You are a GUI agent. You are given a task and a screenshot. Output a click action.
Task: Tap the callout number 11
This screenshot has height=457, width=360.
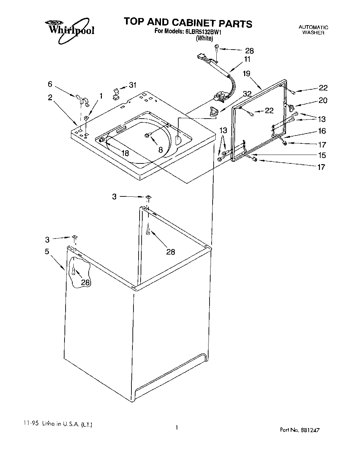[247, 59]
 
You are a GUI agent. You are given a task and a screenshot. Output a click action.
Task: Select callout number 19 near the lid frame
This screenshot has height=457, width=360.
[247, 73]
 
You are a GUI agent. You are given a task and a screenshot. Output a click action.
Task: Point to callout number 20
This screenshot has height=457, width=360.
[323, 100]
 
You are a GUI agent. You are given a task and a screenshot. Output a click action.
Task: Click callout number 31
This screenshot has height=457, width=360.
[132, 85]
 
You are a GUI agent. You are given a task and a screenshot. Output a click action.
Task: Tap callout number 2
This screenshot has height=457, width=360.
[50, 98]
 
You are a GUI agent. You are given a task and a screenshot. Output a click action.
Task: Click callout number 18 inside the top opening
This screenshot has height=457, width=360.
[125, 153]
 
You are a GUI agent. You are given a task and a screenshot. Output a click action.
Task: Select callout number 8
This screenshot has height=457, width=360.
[161, 150]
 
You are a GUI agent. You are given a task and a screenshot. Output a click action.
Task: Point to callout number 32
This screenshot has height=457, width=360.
[247, 94]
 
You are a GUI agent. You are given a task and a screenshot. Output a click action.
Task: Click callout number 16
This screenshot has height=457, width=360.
[322, 131]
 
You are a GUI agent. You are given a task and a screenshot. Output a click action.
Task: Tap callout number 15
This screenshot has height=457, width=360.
[322, 155]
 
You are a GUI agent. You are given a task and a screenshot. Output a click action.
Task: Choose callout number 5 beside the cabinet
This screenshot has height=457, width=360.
[47, 251]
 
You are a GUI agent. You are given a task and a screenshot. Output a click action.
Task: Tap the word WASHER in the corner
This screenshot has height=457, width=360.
[313, 33]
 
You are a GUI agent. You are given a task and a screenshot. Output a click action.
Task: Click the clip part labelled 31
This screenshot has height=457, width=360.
[116, 93]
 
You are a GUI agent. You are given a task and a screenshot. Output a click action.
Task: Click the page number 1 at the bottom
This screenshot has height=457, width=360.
[177, 427]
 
